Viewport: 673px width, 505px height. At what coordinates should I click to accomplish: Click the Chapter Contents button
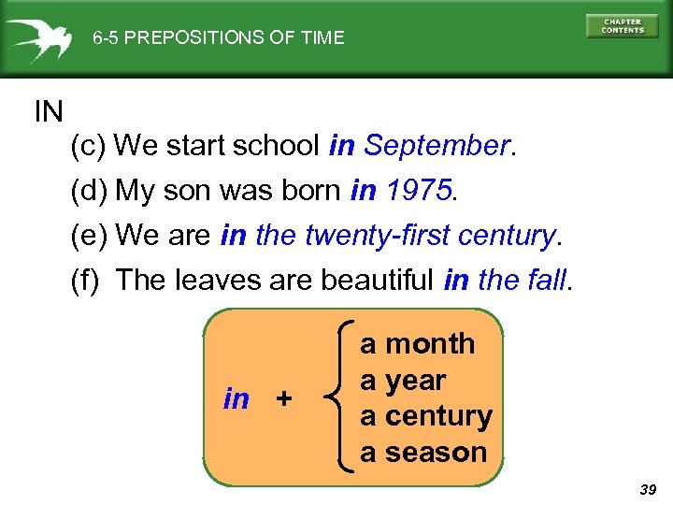622,26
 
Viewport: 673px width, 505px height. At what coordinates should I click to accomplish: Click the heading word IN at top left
49,113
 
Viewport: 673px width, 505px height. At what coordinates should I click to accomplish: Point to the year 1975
418,191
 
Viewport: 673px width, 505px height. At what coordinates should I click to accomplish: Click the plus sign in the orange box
284,399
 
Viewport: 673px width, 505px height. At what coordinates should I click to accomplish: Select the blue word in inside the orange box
236,399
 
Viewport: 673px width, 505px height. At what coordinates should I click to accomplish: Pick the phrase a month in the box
418,344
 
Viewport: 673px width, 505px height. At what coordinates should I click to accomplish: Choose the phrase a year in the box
403,381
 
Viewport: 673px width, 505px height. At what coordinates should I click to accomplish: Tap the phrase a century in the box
426,416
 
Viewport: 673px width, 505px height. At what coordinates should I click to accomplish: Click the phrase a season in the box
424,453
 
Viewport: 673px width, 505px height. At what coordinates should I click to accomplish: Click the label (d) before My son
90,191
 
